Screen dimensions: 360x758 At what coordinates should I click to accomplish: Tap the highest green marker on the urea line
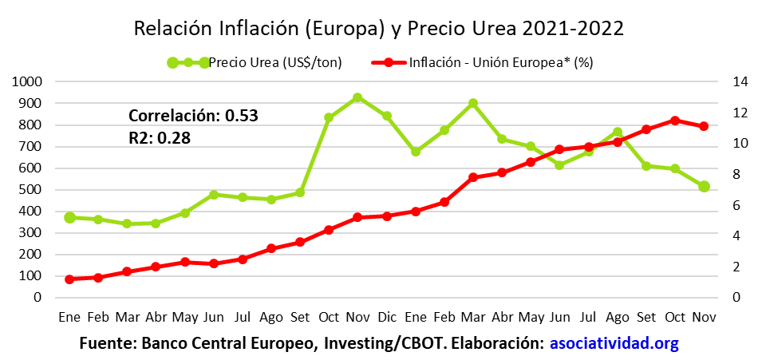357,97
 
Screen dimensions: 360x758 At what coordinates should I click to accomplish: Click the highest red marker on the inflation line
675,121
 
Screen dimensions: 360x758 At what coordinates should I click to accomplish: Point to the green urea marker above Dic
387,116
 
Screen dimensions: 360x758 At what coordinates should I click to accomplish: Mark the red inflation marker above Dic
387,216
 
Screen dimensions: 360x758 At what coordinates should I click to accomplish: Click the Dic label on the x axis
387,317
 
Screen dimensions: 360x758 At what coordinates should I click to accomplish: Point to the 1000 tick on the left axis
27,81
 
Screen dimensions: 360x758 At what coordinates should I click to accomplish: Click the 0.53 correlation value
242,115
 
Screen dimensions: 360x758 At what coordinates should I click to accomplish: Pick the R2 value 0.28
173,137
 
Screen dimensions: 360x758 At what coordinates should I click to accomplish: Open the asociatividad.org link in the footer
614,344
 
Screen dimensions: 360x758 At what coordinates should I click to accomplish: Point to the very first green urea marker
69,217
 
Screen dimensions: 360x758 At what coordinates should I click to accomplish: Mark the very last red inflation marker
704,126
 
